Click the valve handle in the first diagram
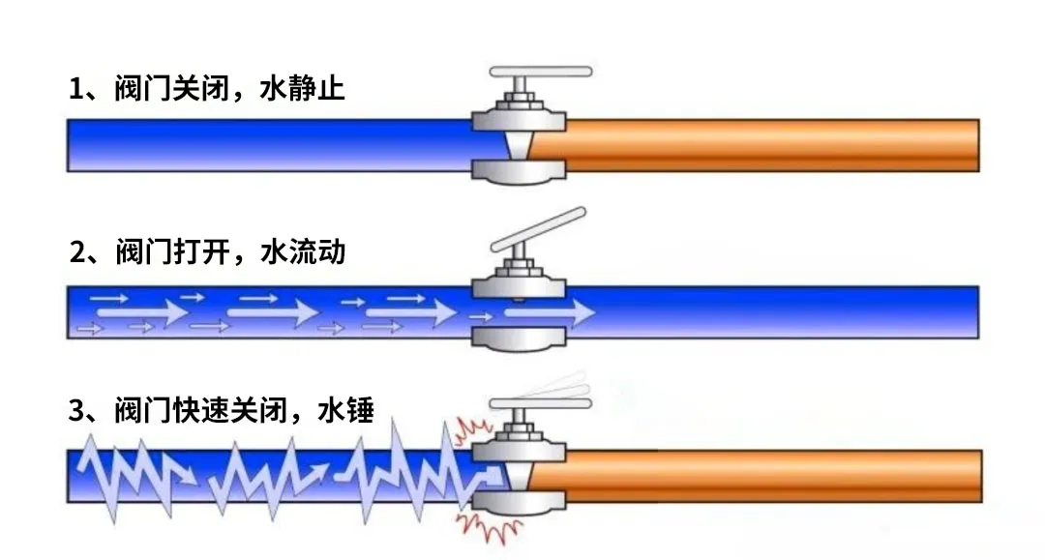pos(540,72)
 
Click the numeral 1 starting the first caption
pos(77,90)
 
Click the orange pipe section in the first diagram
pos(764,145)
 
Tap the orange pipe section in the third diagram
pos(764,476)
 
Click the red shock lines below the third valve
pos(489,523)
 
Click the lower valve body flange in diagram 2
pos(519,339)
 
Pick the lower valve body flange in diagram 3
pos(519,502)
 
